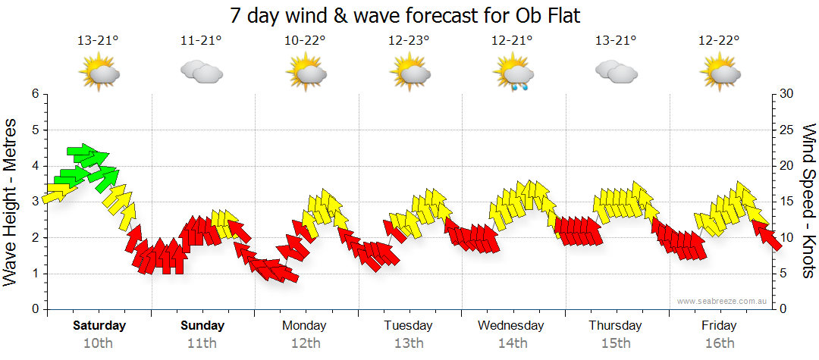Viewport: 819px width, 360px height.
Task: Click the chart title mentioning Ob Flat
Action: (409, 15)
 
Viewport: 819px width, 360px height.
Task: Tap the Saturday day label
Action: (99, 326)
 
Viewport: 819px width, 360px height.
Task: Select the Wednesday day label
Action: (510, 326)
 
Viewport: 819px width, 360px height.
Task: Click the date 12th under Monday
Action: (305, 343)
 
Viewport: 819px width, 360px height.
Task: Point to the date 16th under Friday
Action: (719, 343)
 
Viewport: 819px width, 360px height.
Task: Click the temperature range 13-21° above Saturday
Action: (98, 41)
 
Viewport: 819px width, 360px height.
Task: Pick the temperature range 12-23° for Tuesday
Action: (409, 41)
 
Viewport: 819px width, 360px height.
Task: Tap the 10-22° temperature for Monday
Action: (305, 41)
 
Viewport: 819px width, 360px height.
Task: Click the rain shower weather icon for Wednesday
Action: (513, 74)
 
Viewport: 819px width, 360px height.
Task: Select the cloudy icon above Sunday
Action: (201, 72)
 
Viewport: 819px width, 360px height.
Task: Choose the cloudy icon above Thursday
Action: (616, 72)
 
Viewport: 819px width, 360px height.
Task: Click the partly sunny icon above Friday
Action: (719, 73)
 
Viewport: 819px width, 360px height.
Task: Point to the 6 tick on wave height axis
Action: (34, 94)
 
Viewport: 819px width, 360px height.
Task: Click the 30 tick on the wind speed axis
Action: (787, 94)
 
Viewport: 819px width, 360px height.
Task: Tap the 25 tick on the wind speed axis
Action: (787, 130)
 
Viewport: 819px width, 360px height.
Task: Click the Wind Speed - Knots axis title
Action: (808, 202)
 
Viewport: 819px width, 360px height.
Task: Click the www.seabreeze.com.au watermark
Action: (723, 301)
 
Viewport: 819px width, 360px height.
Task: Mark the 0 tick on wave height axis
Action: (34, 309)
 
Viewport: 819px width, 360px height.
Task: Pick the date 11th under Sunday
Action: (202, 343)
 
